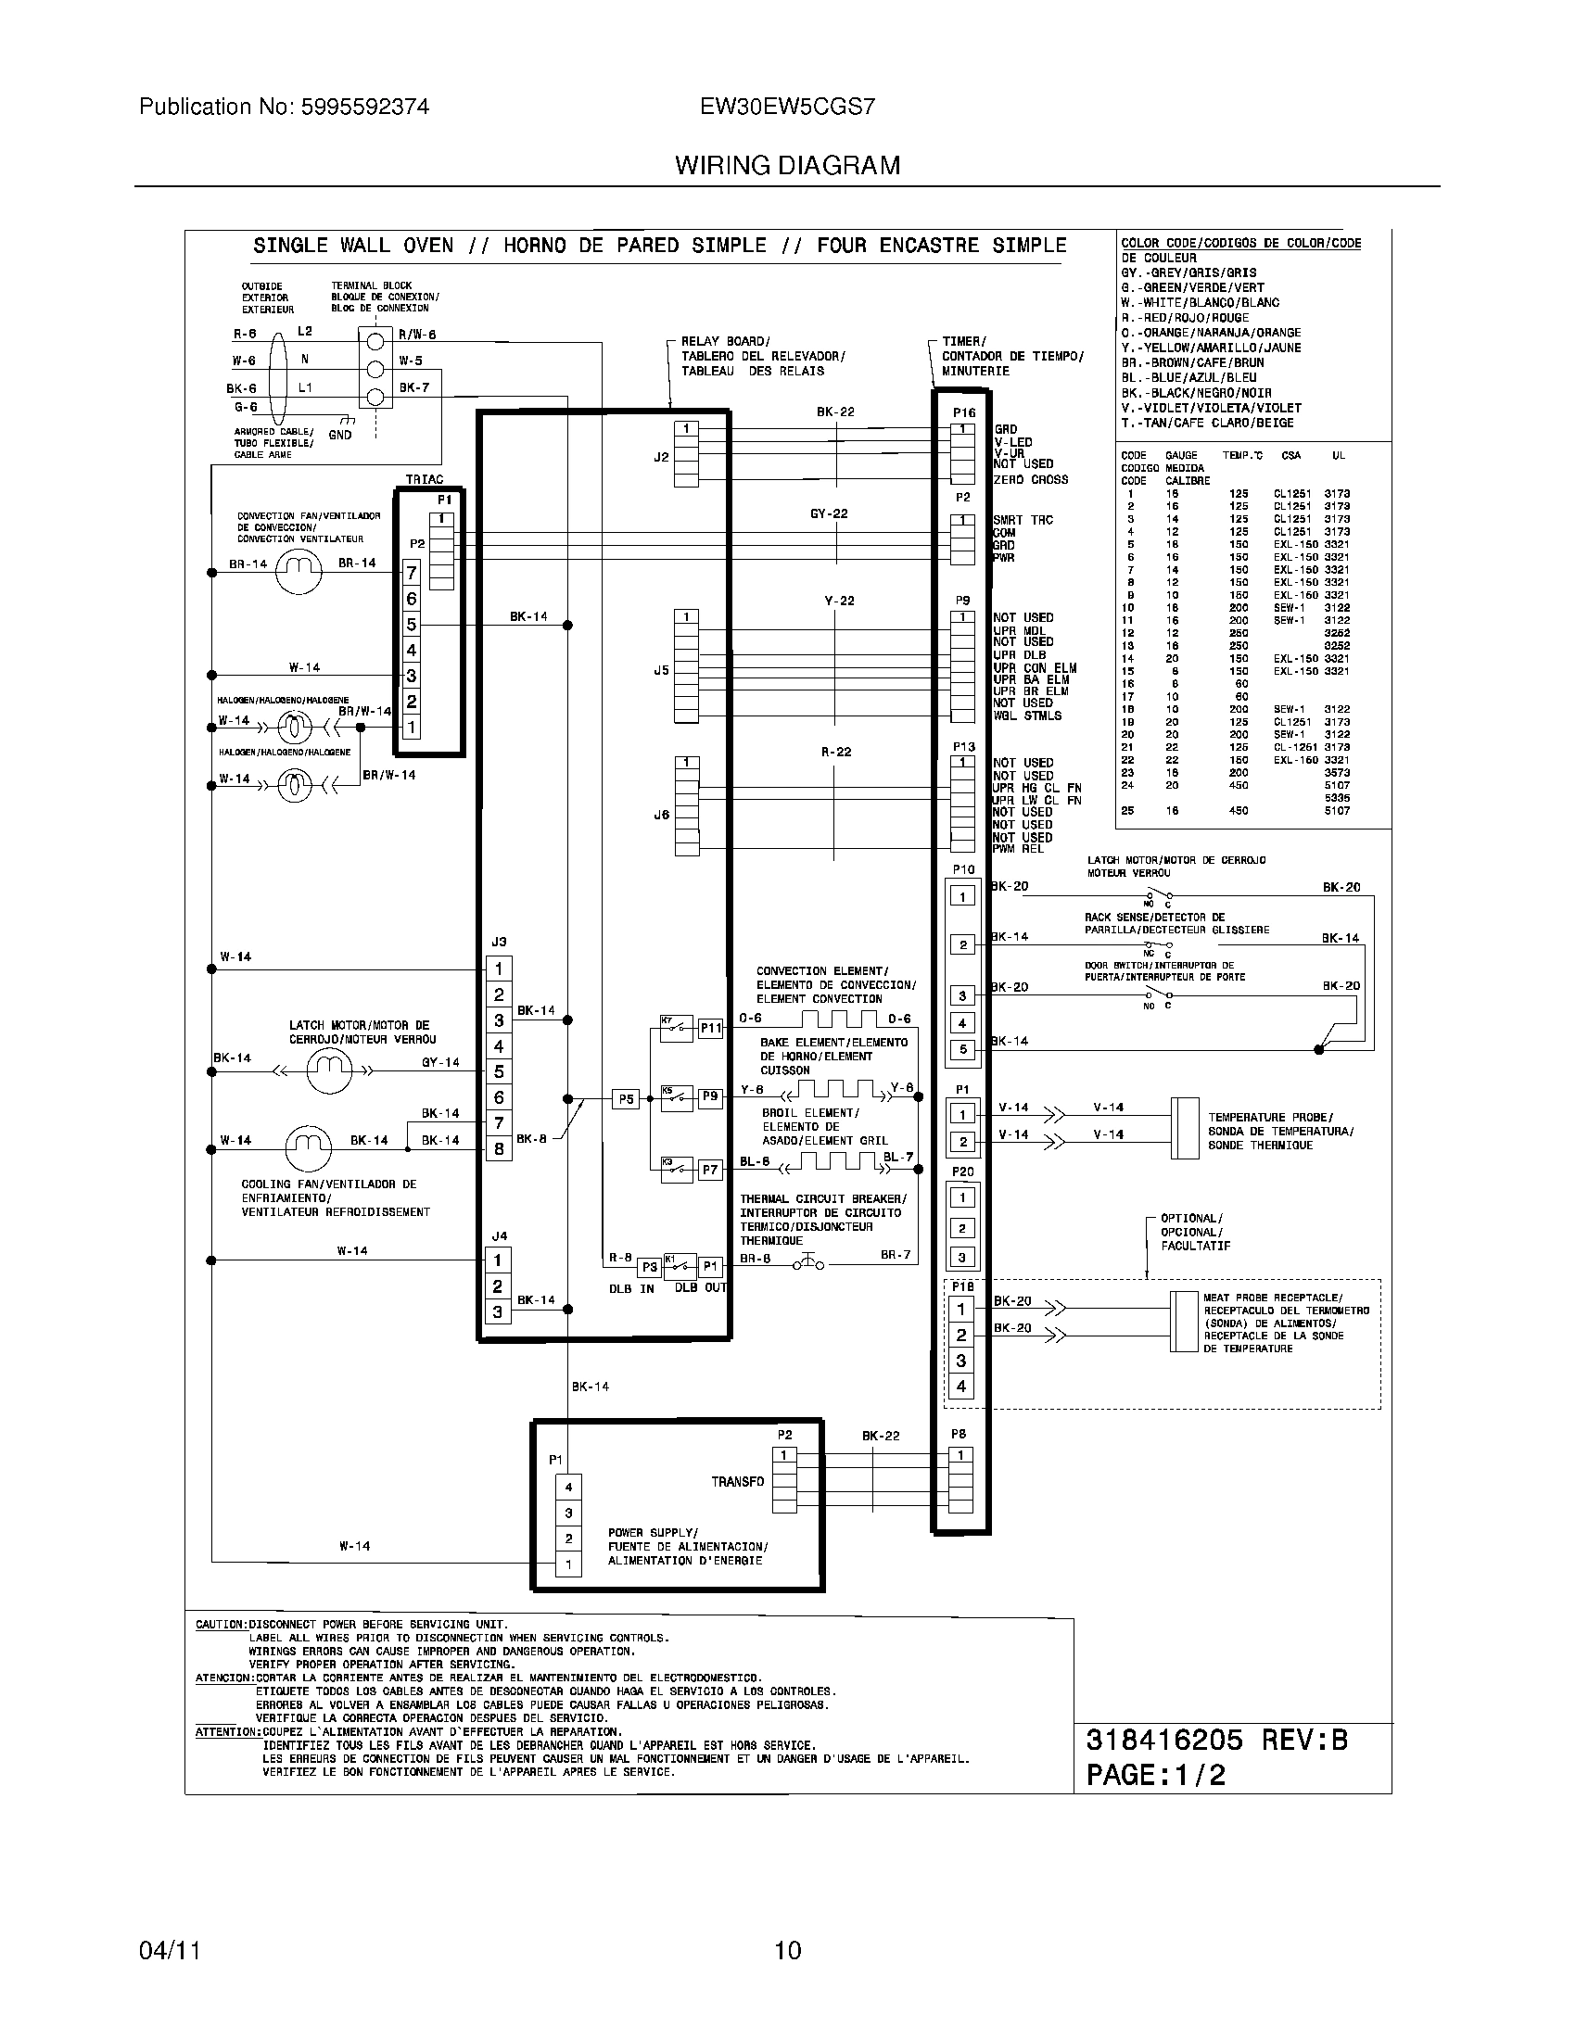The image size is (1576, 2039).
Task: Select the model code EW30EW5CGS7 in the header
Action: pos(788,108)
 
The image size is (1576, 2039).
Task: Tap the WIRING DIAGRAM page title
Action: pos(788,166)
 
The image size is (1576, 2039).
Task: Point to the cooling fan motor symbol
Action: pos(308,1147)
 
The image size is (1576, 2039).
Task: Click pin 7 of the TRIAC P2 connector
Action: pos(412,572)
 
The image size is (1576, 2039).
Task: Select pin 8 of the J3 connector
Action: pos(500,1148)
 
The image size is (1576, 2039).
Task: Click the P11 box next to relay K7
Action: pos(710,1028)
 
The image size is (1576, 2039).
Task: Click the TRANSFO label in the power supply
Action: pos(738,1482)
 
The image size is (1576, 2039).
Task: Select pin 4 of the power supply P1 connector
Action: pos(568,1488)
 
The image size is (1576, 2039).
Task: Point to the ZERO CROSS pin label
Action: pos(1031,480)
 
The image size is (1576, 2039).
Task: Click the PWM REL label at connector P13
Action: pos(1018,849)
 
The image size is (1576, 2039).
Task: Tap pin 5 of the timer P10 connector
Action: pos(963,1049)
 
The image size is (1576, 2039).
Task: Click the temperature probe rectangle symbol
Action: pos(1184,1128)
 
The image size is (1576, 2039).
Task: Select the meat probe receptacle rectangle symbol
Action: pos(1184,1322)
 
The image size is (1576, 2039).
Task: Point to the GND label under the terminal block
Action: pos(340,435)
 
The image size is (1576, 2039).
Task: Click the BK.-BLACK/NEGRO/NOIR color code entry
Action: pos(1196,393)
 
